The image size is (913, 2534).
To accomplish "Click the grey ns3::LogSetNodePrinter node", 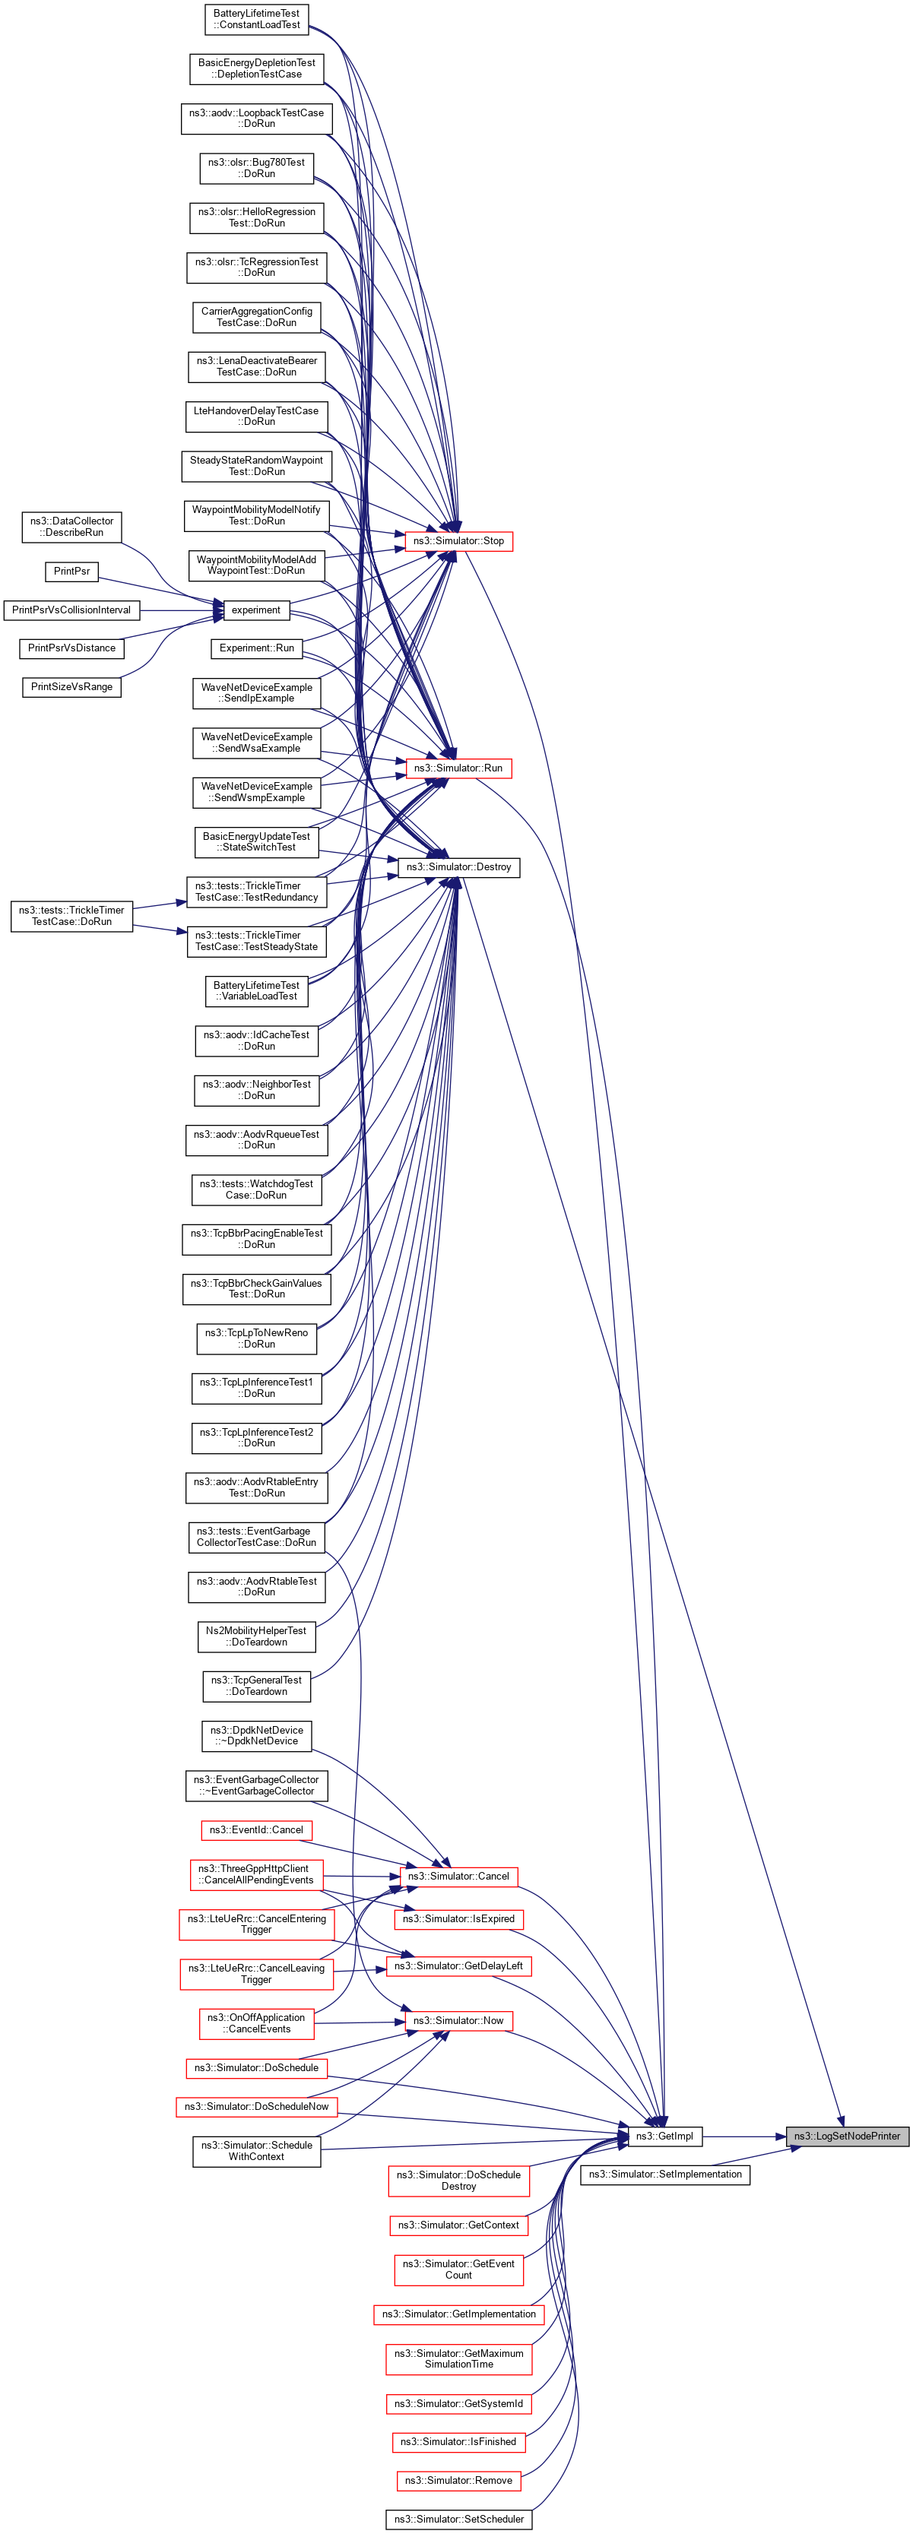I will pyautogui.click(x=846, y=2136).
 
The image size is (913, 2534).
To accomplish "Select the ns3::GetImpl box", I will pyautogui.click(x=665, y=2136).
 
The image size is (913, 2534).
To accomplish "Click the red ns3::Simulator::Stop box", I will pyautogui.click(x=458, y=541).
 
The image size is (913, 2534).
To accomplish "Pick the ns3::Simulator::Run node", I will pyautogui.click(x=458, y=768).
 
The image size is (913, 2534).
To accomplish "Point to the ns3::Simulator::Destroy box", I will pyautogui.click(x=458, y=866).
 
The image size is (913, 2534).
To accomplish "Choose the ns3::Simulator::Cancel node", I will pyautogui.click(x=458, y=1876).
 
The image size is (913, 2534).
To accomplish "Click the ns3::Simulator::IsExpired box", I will pyautogui.click(x=458, y=1918).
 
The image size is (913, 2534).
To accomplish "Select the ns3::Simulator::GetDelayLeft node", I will pyautogui.click(x=458, y=1965).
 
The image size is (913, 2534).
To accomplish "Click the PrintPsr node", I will pyautogui.click(x=71, y=571).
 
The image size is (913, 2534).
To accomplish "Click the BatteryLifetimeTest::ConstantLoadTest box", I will pyautogui.click(x=257, y=19).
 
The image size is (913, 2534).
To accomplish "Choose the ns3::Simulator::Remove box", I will pyautogui.click(x=458, y=2480).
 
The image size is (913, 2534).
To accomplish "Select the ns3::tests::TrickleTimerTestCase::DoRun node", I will pyautogui.click(x=71, y=916).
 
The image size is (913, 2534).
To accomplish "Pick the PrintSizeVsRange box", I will pyautogui.click(x=71, y=686).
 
